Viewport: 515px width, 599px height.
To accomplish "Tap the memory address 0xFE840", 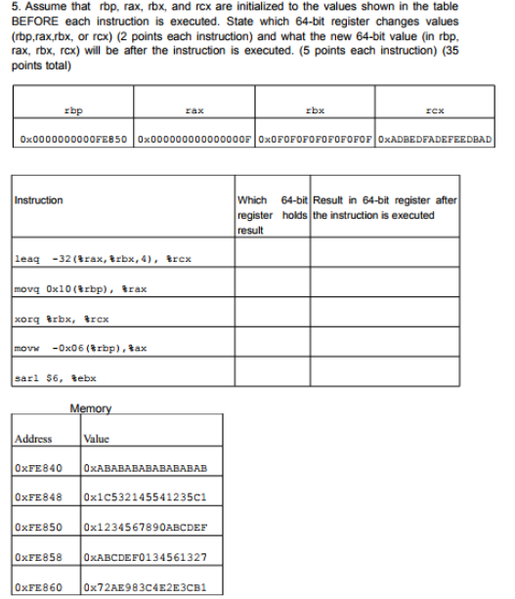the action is pos(40,468).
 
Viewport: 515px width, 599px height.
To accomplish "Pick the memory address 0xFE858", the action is pos(40,558).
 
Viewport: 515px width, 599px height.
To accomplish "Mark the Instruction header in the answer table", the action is pos(40,200).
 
